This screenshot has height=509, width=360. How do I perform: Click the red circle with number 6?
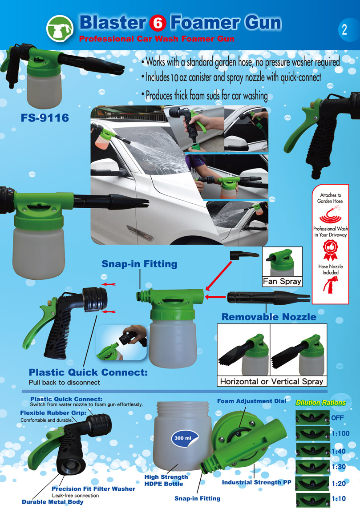(158, 24)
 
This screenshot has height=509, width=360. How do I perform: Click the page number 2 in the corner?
(344, 29)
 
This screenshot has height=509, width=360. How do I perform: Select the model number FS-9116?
(45, 117)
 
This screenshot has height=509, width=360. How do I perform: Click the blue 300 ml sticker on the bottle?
(183, 438)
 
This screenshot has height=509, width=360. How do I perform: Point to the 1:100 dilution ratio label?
(340, 433)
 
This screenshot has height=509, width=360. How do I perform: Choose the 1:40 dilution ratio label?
(339, 451)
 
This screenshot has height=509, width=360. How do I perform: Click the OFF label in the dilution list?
(338, 418)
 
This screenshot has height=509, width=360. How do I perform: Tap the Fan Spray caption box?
(282, 281)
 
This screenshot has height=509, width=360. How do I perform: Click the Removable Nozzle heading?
(269, 317)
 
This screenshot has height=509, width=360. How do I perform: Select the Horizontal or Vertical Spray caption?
(272, 381)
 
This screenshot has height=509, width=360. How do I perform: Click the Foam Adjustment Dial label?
(251, 401)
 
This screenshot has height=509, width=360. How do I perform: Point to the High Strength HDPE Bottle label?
(166, 480)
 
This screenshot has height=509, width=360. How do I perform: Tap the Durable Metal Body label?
(53, 502)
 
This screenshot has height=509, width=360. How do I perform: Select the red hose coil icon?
(330, 214)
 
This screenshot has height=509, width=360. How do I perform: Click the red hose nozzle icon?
(331, 285)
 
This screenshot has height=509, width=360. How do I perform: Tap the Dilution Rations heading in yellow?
(321, 403)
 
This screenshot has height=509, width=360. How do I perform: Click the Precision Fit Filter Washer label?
(93, 489)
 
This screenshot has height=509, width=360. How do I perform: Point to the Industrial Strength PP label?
(256, 482)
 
